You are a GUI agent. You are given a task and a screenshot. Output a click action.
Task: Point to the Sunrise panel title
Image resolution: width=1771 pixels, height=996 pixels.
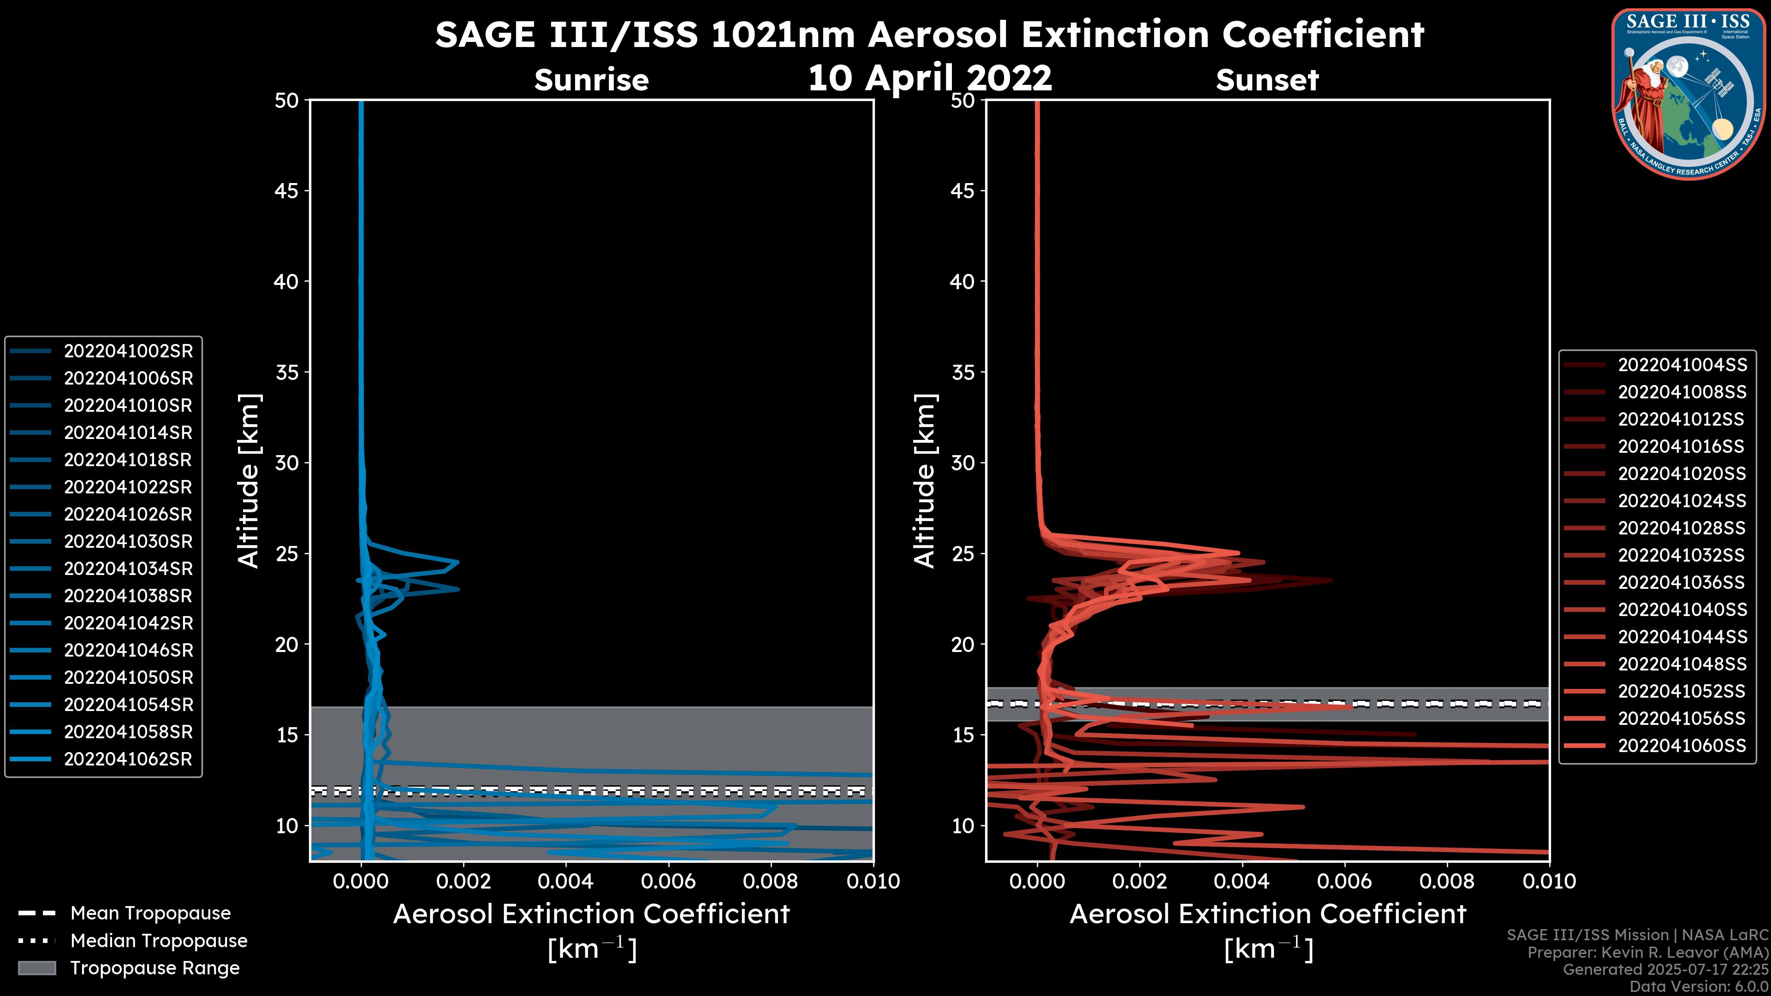[591, 80]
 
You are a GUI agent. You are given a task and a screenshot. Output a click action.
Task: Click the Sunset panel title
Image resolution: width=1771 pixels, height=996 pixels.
[1267, 80]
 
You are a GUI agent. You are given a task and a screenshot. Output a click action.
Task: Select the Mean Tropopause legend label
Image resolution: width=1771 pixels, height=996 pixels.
[150, 913]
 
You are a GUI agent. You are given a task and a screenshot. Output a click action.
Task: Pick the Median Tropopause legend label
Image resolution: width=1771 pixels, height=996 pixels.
[159, 941]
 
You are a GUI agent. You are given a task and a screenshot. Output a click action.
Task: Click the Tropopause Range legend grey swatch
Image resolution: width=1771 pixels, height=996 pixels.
[36, 968]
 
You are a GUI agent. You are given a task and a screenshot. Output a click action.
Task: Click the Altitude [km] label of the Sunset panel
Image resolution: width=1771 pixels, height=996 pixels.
[925, 481]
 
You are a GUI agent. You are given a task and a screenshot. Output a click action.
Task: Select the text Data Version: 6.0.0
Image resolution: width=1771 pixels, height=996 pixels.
[1698, 987]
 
